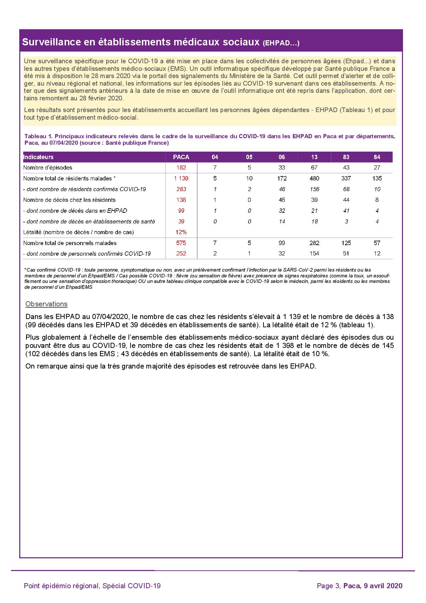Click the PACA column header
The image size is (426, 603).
[x=181, y=157]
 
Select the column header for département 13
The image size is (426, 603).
[x=314, y=157]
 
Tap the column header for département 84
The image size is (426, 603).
[x=377, y=157]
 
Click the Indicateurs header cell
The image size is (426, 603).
[x=38, y=157]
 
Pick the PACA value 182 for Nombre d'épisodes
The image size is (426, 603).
[x=181, y=168]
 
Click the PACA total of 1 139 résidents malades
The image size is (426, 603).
[x=181, y=178]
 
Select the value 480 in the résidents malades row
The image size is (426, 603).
[x=314, y=178]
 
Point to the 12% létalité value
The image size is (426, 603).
[x=181, y=232]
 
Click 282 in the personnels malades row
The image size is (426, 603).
[x=314, y=243]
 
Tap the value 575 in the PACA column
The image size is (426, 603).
[x=181, y=243]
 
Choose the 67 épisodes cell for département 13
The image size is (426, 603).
[x=314, y=168]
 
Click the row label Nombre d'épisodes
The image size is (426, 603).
[x=48, y=168]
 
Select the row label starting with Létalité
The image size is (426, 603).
[x=79, y=232]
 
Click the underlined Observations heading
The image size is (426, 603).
[x=46, y=304]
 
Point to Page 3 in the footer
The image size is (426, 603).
[x=328, y=586]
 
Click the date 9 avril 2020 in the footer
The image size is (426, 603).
[x=383, y=586]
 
